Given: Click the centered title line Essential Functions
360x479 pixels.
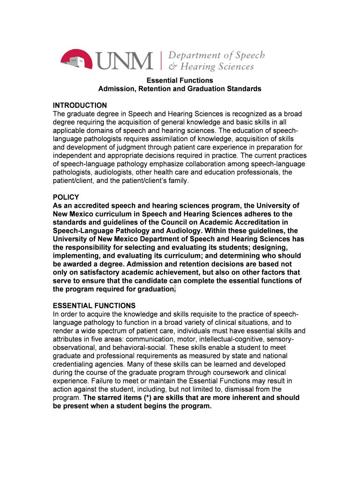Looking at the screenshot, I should click(180, 80).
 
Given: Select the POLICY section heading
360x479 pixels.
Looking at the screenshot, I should click(66, 197).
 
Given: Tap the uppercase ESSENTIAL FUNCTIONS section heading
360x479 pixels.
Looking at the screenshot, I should click(94, 306).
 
